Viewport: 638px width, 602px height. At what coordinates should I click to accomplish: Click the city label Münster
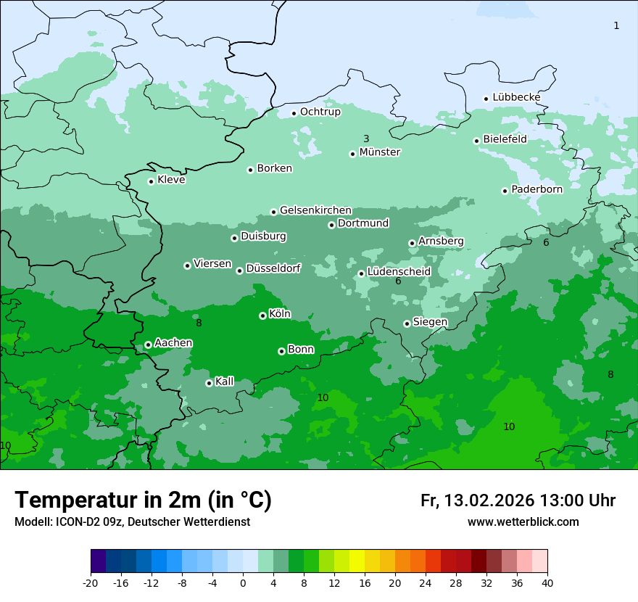(380, 152)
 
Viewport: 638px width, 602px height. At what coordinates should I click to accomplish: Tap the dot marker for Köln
(262, 316)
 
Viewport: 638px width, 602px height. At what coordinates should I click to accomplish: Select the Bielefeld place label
(505, 139)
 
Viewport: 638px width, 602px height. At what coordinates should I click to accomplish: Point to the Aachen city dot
(148, 345)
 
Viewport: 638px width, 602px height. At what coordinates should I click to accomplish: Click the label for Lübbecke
(516, 97)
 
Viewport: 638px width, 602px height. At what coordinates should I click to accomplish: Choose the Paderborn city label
(537, 189)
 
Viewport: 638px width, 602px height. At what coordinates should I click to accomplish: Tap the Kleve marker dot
(151, 181)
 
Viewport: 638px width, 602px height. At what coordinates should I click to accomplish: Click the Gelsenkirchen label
(315, 210)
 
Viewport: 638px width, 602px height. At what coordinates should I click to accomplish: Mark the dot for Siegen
(407, 323)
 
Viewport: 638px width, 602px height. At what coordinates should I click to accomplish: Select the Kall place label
(225, 382)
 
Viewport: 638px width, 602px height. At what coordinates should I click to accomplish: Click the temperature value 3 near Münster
(366, 139)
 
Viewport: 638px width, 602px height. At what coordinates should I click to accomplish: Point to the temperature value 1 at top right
(616, 26)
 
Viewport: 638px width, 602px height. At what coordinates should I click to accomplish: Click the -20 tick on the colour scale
(91, 582)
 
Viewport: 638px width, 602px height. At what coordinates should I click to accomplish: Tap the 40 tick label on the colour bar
(547, 582)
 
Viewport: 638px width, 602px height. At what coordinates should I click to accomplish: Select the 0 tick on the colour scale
(243, 582)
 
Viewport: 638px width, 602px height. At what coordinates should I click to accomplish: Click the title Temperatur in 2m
(143, 500)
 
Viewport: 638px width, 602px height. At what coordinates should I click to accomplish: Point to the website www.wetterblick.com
(523, 521)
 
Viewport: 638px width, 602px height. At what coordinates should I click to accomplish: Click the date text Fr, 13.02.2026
(477, 500)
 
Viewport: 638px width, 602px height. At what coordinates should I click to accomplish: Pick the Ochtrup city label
(320, 112)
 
